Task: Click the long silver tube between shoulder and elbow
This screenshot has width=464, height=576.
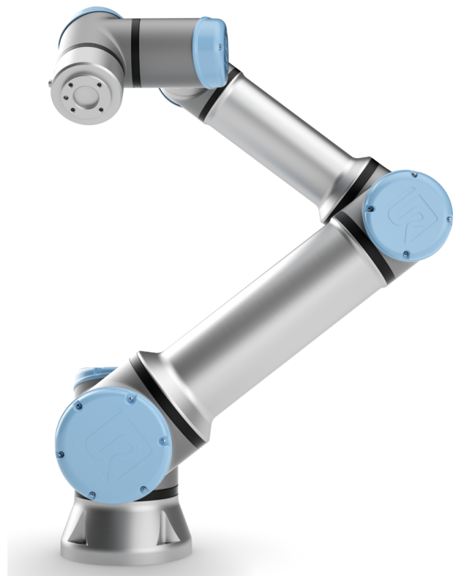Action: [x=252, y=320]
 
